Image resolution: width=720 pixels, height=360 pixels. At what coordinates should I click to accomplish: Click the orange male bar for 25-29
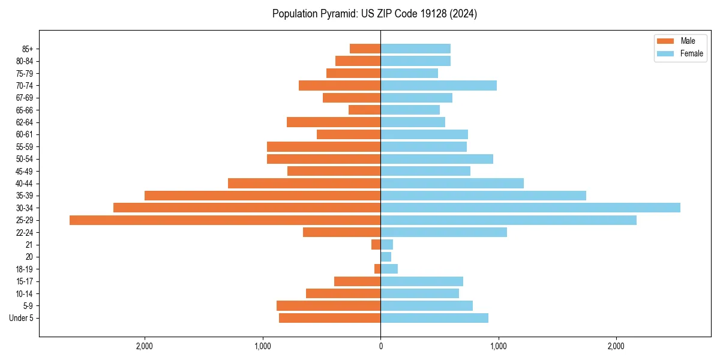pos(225,220)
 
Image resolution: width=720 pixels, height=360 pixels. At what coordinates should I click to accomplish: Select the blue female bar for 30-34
pos(530,208)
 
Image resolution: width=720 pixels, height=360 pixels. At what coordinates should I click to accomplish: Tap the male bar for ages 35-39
pos(262,196)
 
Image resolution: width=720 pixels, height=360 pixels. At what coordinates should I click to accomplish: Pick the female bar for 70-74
pos(439,86)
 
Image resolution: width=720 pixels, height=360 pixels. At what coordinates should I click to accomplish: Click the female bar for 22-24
pos(443,232)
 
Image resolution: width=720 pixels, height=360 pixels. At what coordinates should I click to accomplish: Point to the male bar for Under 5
pos(329,318)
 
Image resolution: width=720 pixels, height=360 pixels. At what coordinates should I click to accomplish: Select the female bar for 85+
pos(415,49)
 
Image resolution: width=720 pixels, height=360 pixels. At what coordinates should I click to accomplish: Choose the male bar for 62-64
pos(334,122)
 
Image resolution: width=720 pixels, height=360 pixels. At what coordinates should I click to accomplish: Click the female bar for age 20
pos(386,257)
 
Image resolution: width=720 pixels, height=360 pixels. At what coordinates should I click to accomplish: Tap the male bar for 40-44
pos(304,183)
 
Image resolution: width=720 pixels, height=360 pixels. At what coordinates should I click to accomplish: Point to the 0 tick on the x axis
pos(380,346)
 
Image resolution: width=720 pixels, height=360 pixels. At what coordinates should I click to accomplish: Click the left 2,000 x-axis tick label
pos(145,346)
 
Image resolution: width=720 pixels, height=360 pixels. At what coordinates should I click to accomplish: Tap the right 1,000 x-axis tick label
pos(498,346)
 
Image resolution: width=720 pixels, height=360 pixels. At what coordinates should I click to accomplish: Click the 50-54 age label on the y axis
pos(24,159)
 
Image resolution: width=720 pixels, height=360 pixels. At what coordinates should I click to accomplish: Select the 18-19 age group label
pos(24,269)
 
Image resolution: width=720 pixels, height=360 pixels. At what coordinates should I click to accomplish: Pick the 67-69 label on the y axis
pos(24,98)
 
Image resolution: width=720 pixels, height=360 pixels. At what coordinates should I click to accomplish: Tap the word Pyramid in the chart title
pos(338,14)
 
